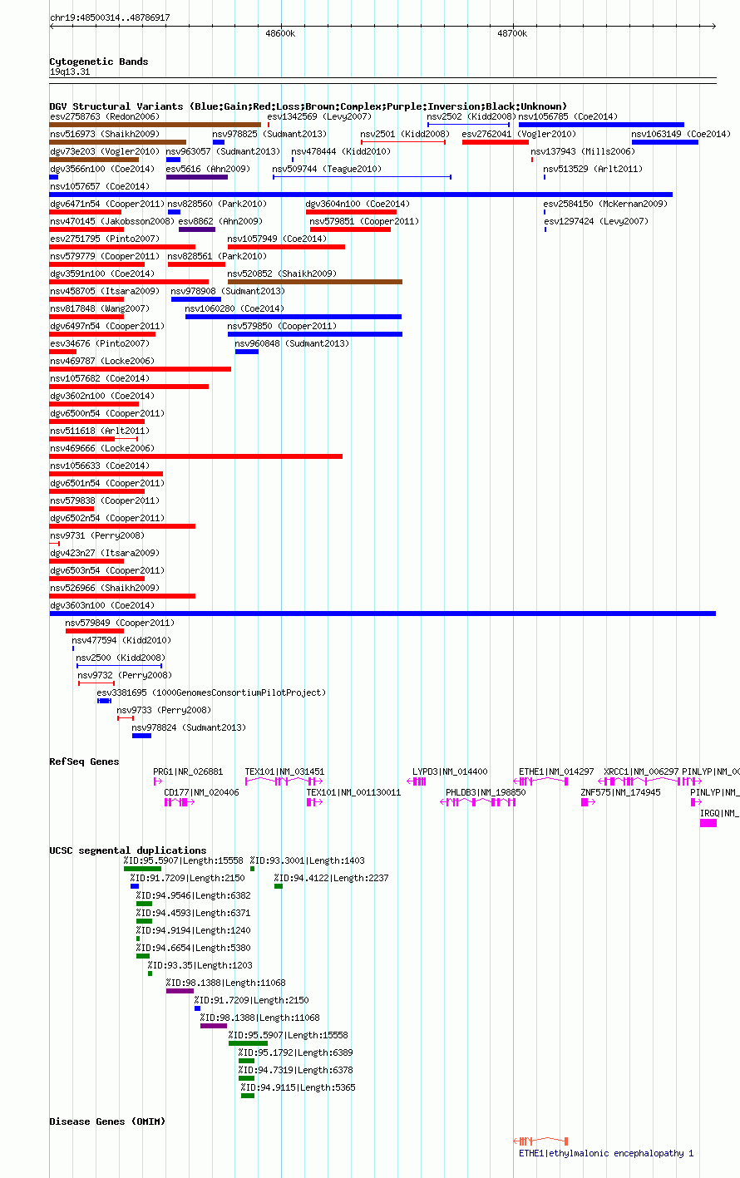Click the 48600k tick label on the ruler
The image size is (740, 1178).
point(280,33)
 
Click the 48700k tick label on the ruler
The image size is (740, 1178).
point(512,33)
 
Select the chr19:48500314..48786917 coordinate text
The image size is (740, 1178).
point(110,18)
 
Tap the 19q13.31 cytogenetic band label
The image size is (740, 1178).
point(70,72)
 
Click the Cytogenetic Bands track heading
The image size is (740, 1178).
point(99,62)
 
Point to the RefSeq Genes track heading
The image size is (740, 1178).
point(84,762)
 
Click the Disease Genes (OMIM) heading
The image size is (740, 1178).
point(107,1121)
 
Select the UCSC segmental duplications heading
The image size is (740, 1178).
point(128,850)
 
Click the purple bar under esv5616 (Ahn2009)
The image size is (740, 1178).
point(197,177)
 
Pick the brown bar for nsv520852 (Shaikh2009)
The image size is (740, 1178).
point(315,282)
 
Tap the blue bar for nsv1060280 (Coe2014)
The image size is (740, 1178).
point(294,317)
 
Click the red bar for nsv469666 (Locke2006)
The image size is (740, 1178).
point(196,456)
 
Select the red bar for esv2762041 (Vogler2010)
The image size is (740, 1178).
point(496,142)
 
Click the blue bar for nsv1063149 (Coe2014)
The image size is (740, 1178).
point(665,142)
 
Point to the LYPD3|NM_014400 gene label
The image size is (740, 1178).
point(450,771)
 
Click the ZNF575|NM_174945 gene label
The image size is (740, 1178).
point(620,792)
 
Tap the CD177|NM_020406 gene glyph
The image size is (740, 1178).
point(180,802)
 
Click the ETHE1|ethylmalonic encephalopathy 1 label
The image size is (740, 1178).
point(606,1153)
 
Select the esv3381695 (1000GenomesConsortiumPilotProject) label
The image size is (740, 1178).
point(211,693)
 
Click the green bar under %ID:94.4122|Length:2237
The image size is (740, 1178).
point(279,886)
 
